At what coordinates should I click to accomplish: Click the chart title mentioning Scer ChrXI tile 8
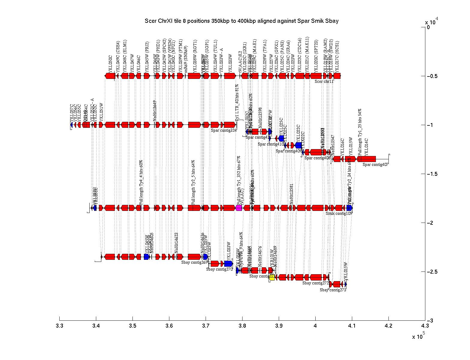(x=241, y=21)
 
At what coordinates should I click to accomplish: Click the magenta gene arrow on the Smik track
(x=239, y=208)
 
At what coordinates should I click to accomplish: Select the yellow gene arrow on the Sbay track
(x=272, y=277)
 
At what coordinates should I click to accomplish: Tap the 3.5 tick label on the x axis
(x=132, y=326)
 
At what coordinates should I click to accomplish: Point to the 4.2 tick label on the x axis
(x=388, y=326)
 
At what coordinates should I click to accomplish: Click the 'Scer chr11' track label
(x=324, y=81)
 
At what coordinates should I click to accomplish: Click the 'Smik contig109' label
(x=339, y=213)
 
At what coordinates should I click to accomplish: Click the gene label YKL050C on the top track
(x=110, y=63)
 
